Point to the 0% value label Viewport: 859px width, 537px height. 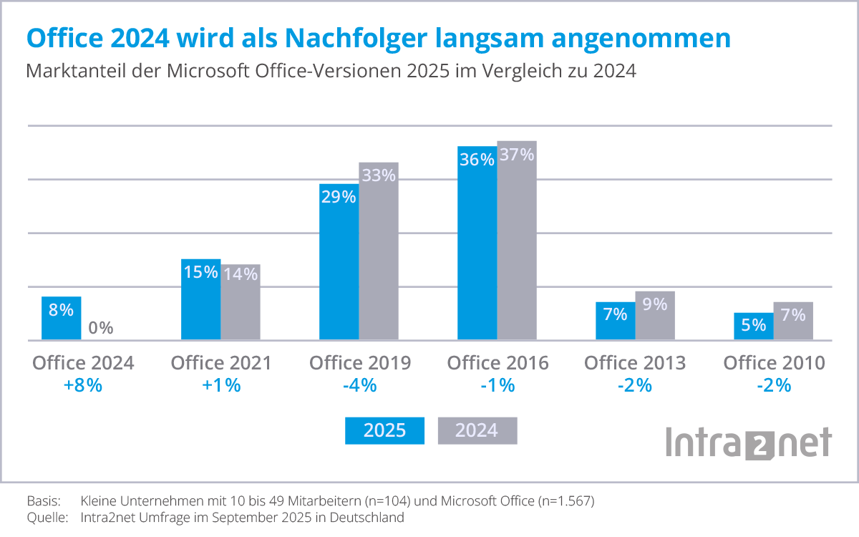pyautogui.click(x=101, y=328)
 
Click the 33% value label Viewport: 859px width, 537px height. pyautogui.click(x=379, y=175)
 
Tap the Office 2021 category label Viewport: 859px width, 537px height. pyautogui.click(x=221, y=363)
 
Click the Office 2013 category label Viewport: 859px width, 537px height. pyautogui.click(x=635, y=363)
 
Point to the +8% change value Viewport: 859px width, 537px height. pyautogui.click(x=83, y=385)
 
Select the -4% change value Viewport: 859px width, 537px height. pyautogui.click(x=359, y=385)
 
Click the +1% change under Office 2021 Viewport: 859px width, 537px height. pyautogui.click(x=221, y=385)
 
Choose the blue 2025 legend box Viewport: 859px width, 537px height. pyautogui.click(x=384, y=430)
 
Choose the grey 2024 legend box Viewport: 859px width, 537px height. pyautogui.click(x=477, y=430)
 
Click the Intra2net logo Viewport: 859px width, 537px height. pyautogui.click(x=749, y=442)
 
